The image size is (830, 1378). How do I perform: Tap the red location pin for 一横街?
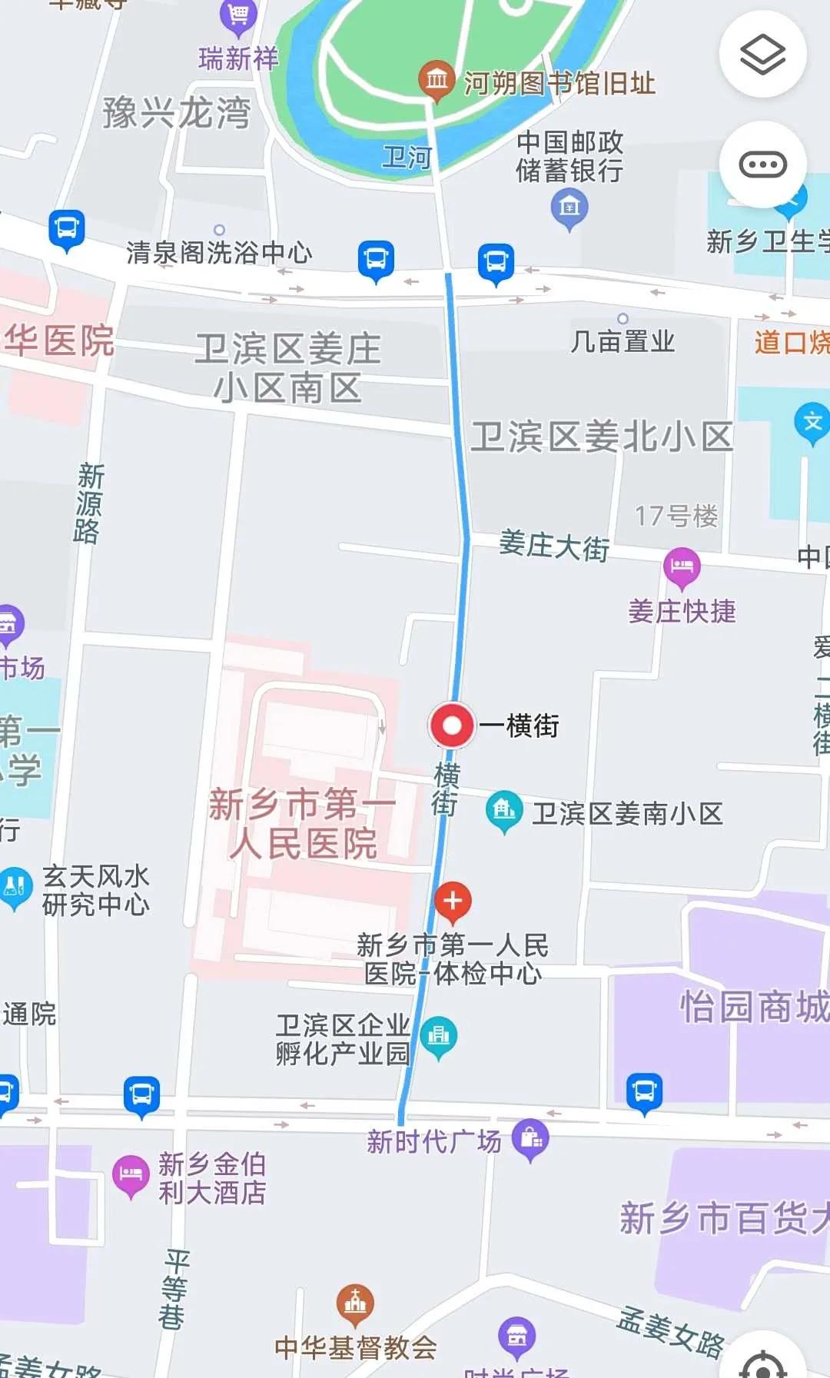click(452, 725)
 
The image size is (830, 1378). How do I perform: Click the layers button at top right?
click(762, 55)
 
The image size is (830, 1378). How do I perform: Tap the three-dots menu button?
click(762, 164)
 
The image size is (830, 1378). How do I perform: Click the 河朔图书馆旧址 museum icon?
click(437, 79)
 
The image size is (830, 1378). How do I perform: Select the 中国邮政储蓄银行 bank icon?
click(569, 207)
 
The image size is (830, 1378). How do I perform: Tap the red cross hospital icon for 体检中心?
click(453, 901)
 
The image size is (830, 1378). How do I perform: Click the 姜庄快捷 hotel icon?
click(682, 567)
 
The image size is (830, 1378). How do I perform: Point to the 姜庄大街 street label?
click(553, 546)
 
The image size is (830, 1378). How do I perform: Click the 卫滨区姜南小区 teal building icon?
click(504, 810)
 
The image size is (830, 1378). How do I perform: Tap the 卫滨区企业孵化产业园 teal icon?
click(438, 1035)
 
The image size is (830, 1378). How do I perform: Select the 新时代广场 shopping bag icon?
click(531, 1137)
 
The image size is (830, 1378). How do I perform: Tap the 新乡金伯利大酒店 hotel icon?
click(131, 1174)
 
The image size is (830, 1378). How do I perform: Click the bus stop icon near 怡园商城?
click(644, 1091)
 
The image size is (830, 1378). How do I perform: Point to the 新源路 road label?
click(88, 503)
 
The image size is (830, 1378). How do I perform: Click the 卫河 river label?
click(407, 158)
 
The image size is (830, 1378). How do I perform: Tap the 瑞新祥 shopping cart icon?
click(237, 15)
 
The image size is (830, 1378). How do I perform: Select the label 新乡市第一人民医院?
click(303, 824)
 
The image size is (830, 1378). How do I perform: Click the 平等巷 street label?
click(174, 1290)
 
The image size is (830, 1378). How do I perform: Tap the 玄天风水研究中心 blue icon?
click(15, 887)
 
